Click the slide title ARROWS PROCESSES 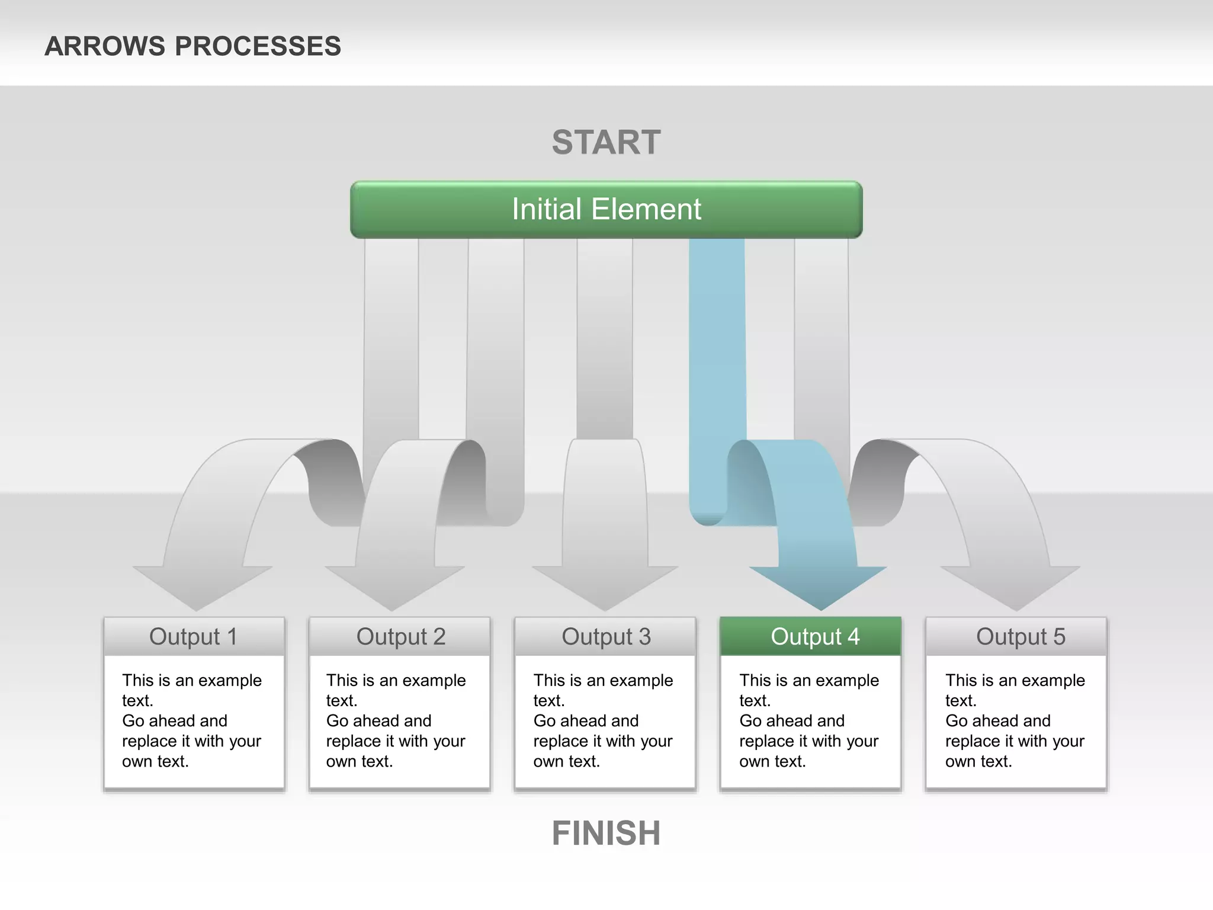pos(192,46)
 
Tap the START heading pos(606,142)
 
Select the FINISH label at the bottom pos(606,833)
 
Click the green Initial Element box pos(606,210)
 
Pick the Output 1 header pos(194,637)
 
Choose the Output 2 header pos(400,637)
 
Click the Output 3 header pos(606,637)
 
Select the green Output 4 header pos(814,637)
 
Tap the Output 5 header pos(1020,637)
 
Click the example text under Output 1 pos(191,720)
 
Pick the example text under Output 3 pos(602,720)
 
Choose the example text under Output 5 pos(1015,720)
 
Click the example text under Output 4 pos(808,720)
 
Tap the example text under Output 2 pos(396,720)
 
